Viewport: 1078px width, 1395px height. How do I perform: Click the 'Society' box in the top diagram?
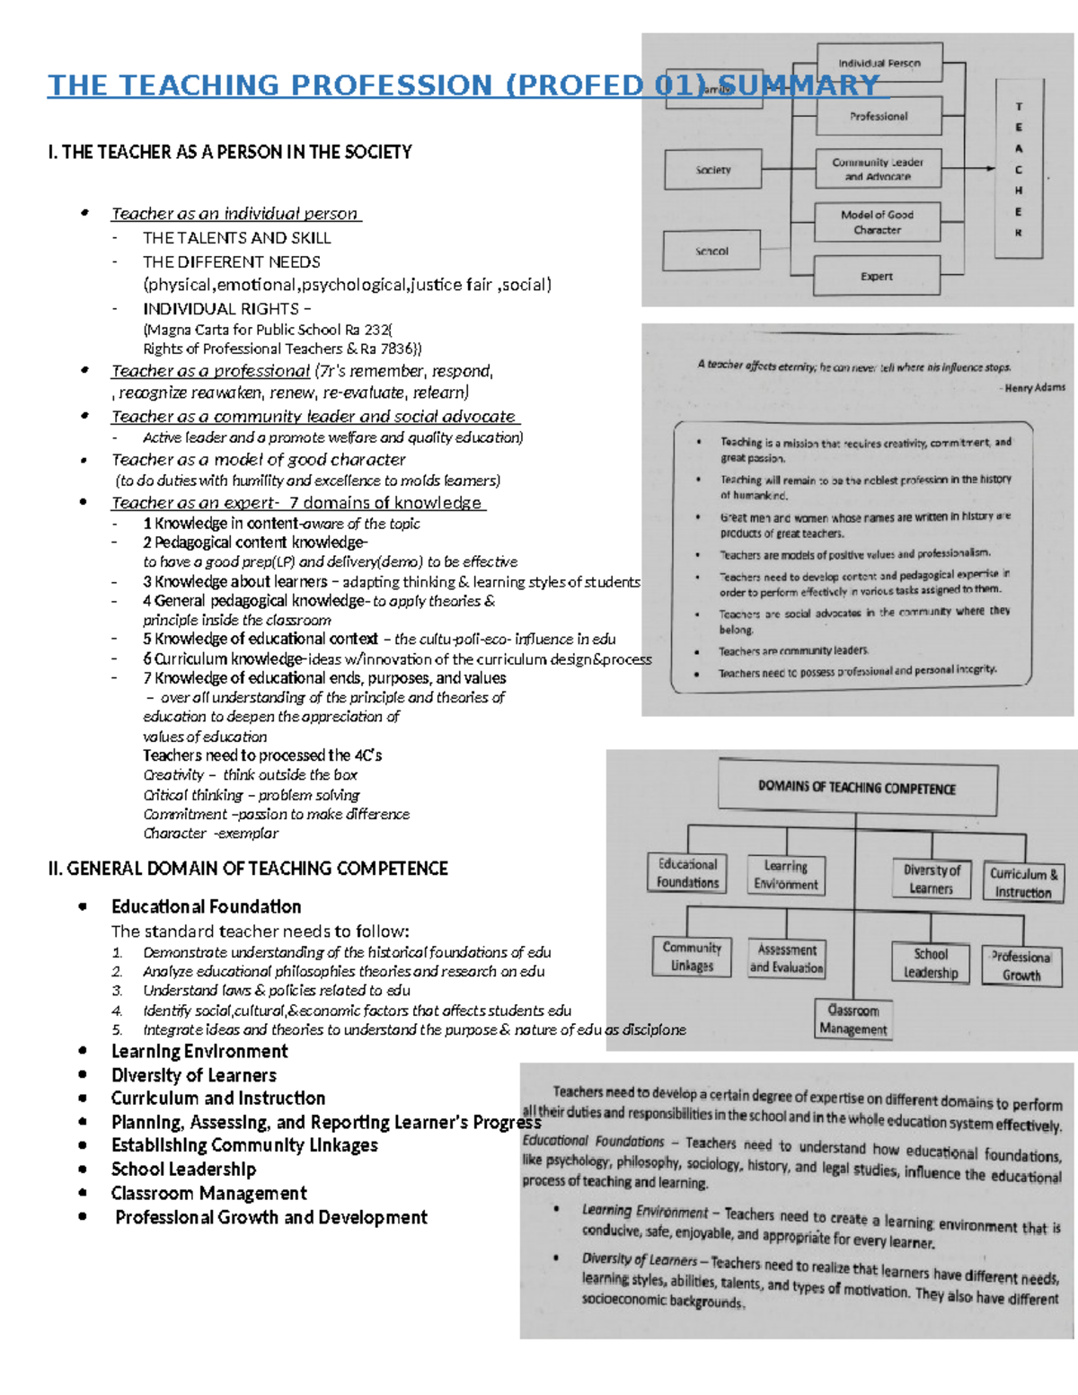click(x=712, y=170)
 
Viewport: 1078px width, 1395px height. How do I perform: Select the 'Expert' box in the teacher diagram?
click(x=876, y=276)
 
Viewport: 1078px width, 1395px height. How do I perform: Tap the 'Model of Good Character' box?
click(x=877, y=222)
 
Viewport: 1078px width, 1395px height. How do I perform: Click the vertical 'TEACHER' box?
click(x=1019, y=169)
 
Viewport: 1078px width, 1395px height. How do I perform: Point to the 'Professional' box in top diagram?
click(x=879, y=116)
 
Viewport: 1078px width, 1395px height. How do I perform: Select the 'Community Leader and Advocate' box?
click(x=878, y=169)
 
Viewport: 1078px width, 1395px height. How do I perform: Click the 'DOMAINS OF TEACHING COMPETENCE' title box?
click(x=857, y=788)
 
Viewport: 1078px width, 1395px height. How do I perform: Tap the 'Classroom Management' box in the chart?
click(x=853, y=1020)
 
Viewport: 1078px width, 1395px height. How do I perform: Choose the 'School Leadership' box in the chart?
click(x=931, y=963)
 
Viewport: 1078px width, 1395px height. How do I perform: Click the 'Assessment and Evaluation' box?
click(x=786, y=958)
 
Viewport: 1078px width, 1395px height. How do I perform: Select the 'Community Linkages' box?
click(x=692, y=957)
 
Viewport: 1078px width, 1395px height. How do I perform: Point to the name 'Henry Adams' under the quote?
click(x=1035, y=388)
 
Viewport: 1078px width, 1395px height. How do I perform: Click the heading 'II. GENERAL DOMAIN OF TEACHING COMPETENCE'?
click(x=248, y=869)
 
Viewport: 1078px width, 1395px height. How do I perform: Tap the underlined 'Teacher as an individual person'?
click(x=235, y=214)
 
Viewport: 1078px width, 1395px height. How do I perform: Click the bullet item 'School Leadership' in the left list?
click(x=183, y=1170)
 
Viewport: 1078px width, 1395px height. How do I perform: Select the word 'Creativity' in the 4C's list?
click(x=173, y=775)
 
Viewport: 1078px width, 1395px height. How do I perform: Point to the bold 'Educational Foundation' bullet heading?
click(x=206, y=906)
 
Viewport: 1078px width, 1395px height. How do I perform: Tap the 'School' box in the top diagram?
click(x=711, y=252)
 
